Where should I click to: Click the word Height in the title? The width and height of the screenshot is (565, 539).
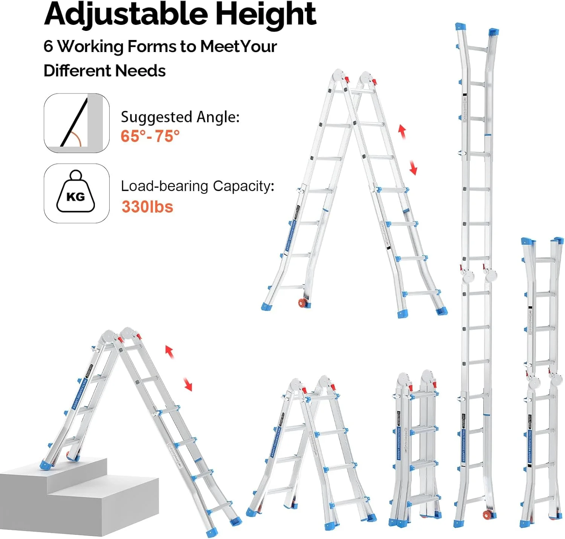(266, 14)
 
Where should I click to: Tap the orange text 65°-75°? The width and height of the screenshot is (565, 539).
(150, 136)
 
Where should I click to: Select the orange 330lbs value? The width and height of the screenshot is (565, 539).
(147, 207)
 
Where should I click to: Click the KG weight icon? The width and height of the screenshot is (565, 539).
(76, 193)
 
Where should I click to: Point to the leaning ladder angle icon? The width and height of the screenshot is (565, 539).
(76, 123)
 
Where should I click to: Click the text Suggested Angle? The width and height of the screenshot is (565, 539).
(180, 117)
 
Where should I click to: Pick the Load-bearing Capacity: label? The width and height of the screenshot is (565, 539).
(197, 186)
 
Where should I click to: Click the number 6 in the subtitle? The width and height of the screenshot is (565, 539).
(48, 46)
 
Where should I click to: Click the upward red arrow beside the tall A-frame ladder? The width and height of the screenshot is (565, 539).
(402, 132)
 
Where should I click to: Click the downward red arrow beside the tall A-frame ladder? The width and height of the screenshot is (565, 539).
(413, 167)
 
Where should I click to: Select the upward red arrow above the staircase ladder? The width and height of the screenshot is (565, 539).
(169, 352)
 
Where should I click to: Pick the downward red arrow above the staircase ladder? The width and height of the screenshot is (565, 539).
(188, 384)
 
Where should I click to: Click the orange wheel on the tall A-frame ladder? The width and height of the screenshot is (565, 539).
(302, 303)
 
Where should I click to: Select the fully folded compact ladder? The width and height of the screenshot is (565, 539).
(415, 449)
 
